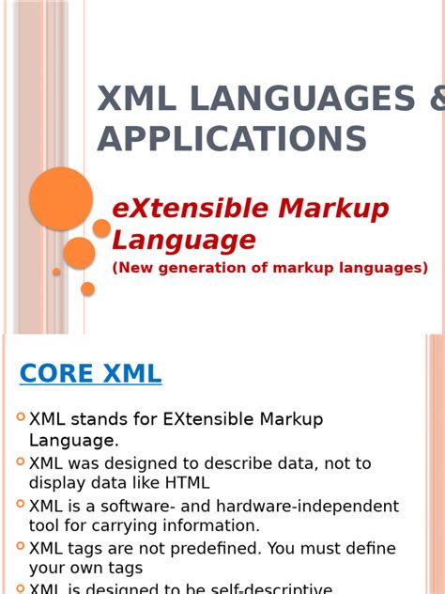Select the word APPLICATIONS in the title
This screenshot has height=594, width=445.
232,139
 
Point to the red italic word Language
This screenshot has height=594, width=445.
184,240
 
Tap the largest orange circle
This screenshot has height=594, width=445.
61,198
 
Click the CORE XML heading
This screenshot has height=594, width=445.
90,374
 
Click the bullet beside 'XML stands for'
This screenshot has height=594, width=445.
21,417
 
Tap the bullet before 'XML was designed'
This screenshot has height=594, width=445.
21,461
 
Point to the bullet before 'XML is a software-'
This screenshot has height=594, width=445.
21,504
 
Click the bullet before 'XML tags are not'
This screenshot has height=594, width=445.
21,546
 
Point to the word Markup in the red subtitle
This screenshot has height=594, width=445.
332,209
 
